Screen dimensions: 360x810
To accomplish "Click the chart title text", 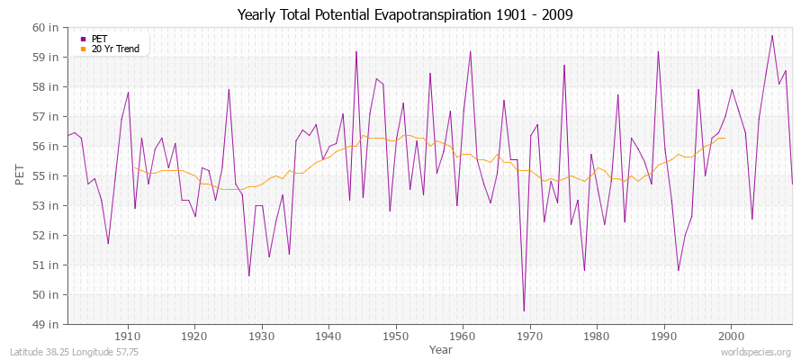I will coord(404,14).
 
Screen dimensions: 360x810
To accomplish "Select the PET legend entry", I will coord(99,39).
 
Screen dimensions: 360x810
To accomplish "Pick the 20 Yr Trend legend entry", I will coord(115,49).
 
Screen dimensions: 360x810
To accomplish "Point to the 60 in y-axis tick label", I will coord(47,27).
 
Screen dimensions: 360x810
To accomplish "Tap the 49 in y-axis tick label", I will coord(47,324).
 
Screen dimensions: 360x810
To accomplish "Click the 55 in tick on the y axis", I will coord(47,175).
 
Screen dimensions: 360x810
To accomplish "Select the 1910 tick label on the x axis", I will coord(128,336).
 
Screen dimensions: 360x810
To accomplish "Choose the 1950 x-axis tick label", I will coord(396,336).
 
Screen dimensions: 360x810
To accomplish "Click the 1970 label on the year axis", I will coord(530,336).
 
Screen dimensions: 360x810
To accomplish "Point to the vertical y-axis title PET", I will coord(19,175).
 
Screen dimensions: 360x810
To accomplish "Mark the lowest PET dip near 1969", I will coord(524,311).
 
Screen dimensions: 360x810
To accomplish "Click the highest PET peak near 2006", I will coord(772,35).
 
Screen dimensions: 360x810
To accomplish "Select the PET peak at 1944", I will coord(356,51).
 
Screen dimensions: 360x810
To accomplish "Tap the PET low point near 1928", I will coord(248,275).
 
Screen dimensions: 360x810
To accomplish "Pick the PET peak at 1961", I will coord(470,51).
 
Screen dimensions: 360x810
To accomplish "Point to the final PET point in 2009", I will coord(792,184).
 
